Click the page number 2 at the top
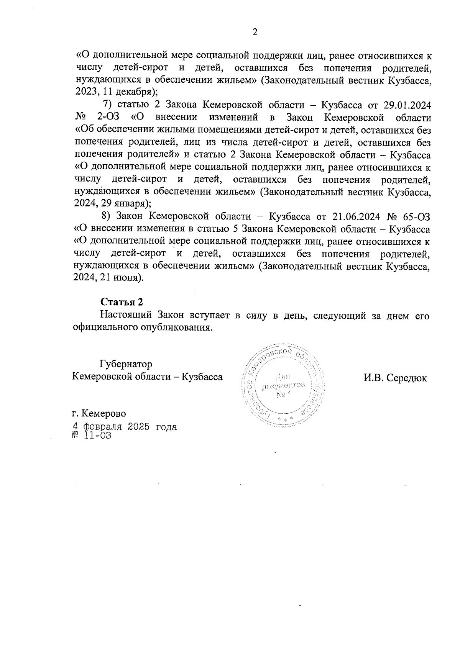tap(255, 32)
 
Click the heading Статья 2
tap(122, 302)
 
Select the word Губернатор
tap(126, 364)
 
